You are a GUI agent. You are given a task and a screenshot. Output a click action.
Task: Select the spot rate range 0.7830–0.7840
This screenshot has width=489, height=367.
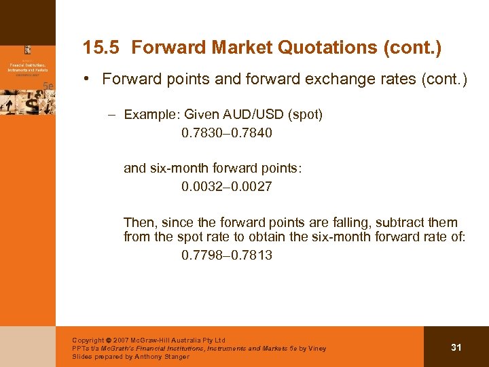point(227,133)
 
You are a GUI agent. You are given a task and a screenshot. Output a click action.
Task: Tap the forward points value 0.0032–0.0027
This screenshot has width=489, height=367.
point(227,186)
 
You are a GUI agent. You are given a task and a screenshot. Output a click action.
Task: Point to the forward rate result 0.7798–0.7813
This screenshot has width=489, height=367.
point(227,256)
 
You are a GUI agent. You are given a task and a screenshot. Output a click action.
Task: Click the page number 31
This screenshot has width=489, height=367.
point(456,347)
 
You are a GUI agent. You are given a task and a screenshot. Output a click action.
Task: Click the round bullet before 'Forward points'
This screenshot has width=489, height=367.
point(90,80)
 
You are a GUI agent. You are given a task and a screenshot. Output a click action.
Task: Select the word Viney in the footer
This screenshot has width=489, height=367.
point(316,349)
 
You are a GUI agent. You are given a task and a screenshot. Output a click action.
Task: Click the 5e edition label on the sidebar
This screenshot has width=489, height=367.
point(48,86)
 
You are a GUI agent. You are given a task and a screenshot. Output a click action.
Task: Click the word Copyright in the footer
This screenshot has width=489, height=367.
point(88,340)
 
